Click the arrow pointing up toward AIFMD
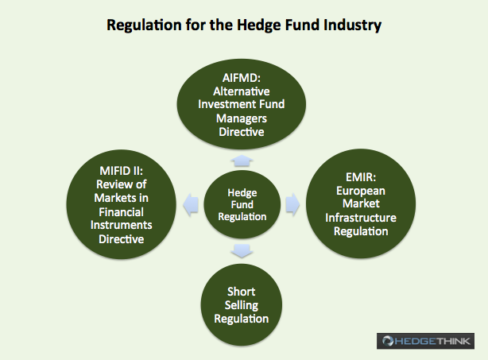(x=242, y=161)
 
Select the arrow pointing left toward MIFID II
(x=191, y=204)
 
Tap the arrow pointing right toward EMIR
(x=292, y=204)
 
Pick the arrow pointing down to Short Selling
(x=242, y=250)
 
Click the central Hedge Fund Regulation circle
(x=242, y=204)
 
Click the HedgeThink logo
(x=425, y=341)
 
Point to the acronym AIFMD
(x=241, y=78)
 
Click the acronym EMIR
(x=361, y=177)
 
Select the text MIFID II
(x=121, y=171)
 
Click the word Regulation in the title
(x=144, y=25)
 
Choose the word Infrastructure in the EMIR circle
(x=361, y=218)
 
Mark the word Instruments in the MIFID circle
(x=121, y=225)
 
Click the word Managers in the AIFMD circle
(x=242, y=118)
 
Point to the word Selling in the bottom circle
(x=242, y=305)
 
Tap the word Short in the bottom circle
(x=241, y=292)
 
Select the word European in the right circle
(x=361, y=191)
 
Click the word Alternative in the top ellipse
(x=241, y=91)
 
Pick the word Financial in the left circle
(x=121, y=212)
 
